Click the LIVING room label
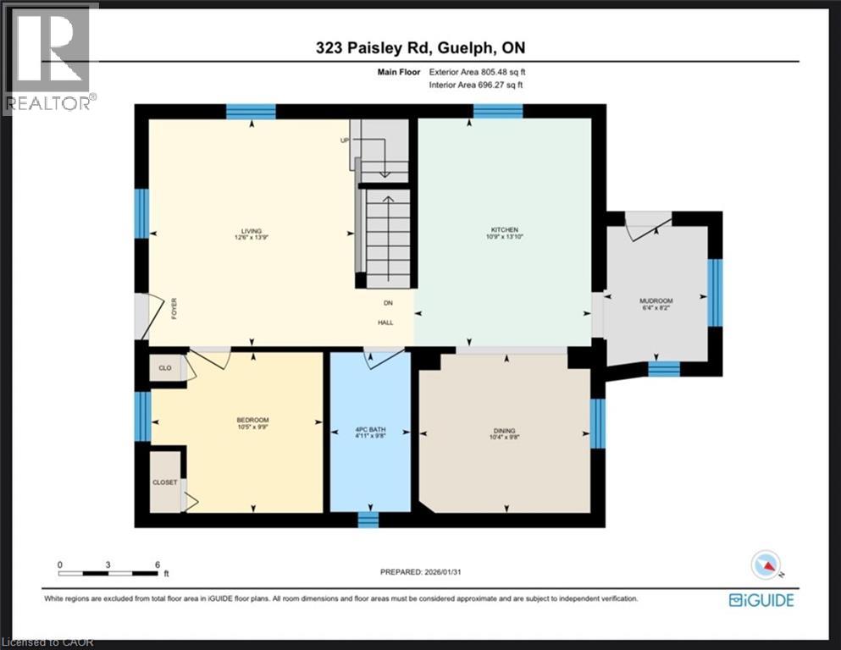point(251,231)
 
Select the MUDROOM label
point(656,301)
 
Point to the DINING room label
point(503,431)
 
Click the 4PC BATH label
point(368,431)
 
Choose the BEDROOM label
point(252,421)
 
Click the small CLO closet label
point(165,368)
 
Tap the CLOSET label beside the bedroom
point(165,482)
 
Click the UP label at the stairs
point(345,140)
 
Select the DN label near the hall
point(387,303)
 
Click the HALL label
point(386,322)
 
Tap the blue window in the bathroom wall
point(368,519)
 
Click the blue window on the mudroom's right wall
point(715,293)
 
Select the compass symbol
point(766,564)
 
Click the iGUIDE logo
point(761,600)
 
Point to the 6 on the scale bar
point(158,564)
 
